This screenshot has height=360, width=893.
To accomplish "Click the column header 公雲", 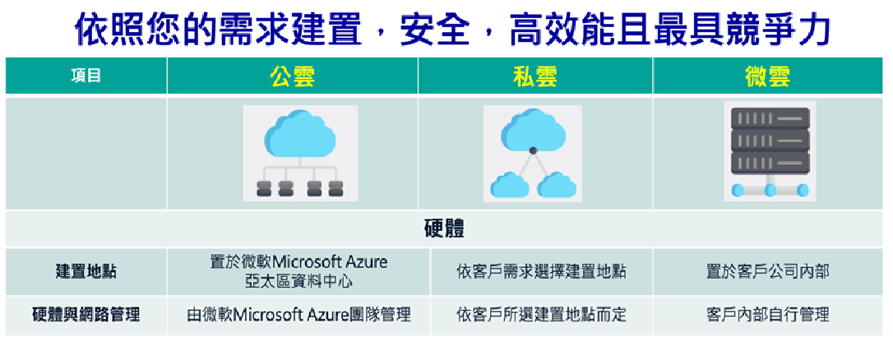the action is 293,76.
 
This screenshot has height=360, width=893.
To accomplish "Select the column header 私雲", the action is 534,76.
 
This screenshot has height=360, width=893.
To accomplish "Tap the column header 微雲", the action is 768,76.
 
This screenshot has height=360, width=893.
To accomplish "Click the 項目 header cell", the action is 86,76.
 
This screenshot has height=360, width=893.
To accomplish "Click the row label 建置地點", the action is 86,271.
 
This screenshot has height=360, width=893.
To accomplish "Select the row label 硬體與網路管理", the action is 86,315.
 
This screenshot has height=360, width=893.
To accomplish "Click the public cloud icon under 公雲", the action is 300,153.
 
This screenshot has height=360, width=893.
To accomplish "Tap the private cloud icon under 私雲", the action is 533,153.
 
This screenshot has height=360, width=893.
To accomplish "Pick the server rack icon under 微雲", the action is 770,151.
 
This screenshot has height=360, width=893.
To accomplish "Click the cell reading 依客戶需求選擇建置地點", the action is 541,272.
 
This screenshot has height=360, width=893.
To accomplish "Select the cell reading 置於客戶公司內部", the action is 768,272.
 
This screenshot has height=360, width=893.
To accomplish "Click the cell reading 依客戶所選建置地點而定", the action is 541,315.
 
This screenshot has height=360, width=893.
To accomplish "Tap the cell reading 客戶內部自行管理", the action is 768,315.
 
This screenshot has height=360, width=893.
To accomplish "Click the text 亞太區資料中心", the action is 298,281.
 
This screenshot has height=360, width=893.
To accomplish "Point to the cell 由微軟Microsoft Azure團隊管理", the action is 298,315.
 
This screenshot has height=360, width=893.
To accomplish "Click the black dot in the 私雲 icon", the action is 533,150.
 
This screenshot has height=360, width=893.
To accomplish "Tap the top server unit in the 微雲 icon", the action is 770,118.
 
